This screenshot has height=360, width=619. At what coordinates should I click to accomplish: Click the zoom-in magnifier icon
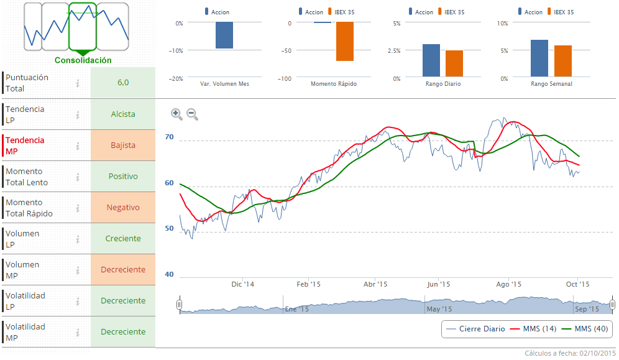[177, 114]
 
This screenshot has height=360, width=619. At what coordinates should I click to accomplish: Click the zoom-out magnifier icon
[192, 114]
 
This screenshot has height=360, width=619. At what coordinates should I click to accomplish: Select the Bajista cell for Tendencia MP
[123, 145]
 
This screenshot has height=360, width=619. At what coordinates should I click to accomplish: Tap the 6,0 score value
[123, 83]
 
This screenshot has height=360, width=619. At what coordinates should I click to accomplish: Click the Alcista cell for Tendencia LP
[123, 114]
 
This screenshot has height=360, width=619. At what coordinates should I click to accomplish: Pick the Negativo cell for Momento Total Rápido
[123, 208]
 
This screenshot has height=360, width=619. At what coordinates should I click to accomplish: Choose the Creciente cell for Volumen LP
[123, 239]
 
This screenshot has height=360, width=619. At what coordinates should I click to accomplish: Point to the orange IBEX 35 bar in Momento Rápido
[345, 42]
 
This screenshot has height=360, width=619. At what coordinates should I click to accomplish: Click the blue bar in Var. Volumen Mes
[224, 35]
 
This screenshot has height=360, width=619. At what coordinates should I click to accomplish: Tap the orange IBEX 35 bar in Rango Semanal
[563, 62]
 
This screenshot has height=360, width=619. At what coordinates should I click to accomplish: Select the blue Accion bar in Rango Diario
[431, 61]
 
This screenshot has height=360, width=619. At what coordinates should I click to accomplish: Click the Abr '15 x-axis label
[374, 284]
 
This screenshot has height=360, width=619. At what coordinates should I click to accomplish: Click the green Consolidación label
[83, 60]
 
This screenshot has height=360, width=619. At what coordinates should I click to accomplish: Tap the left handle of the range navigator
[179, 305]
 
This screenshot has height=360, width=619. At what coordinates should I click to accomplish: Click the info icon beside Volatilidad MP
[78, 332]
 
